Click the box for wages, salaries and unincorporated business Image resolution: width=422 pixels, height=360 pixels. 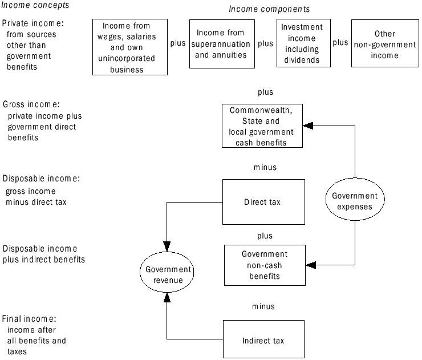click(130, 47)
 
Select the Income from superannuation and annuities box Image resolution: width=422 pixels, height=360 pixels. click(220, 44)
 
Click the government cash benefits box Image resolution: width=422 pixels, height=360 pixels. click(262, 126)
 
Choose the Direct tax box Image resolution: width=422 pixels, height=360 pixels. click(263, 202)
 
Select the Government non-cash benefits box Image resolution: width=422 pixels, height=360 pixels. click(265, 265)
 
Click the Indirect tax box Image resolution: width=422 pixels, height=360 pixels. click(263, 341)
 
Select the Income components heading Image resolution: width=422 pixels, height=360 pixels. click(269, 9)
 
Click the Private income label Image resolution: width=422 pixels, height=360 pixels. click(33, 24)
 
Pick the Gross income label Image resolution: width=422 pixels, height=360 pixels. click(31, 104)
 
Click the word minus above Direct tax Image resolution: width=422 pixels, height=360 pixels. click(265, 167)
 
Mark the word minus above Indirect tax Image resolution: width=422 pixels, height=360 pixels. click(263, 306)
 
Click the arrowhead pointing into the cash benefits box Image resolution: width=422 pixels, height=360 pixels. click(307, 124)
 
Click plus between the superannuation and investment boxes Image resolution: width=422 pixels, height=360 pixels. click(265, 43)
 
